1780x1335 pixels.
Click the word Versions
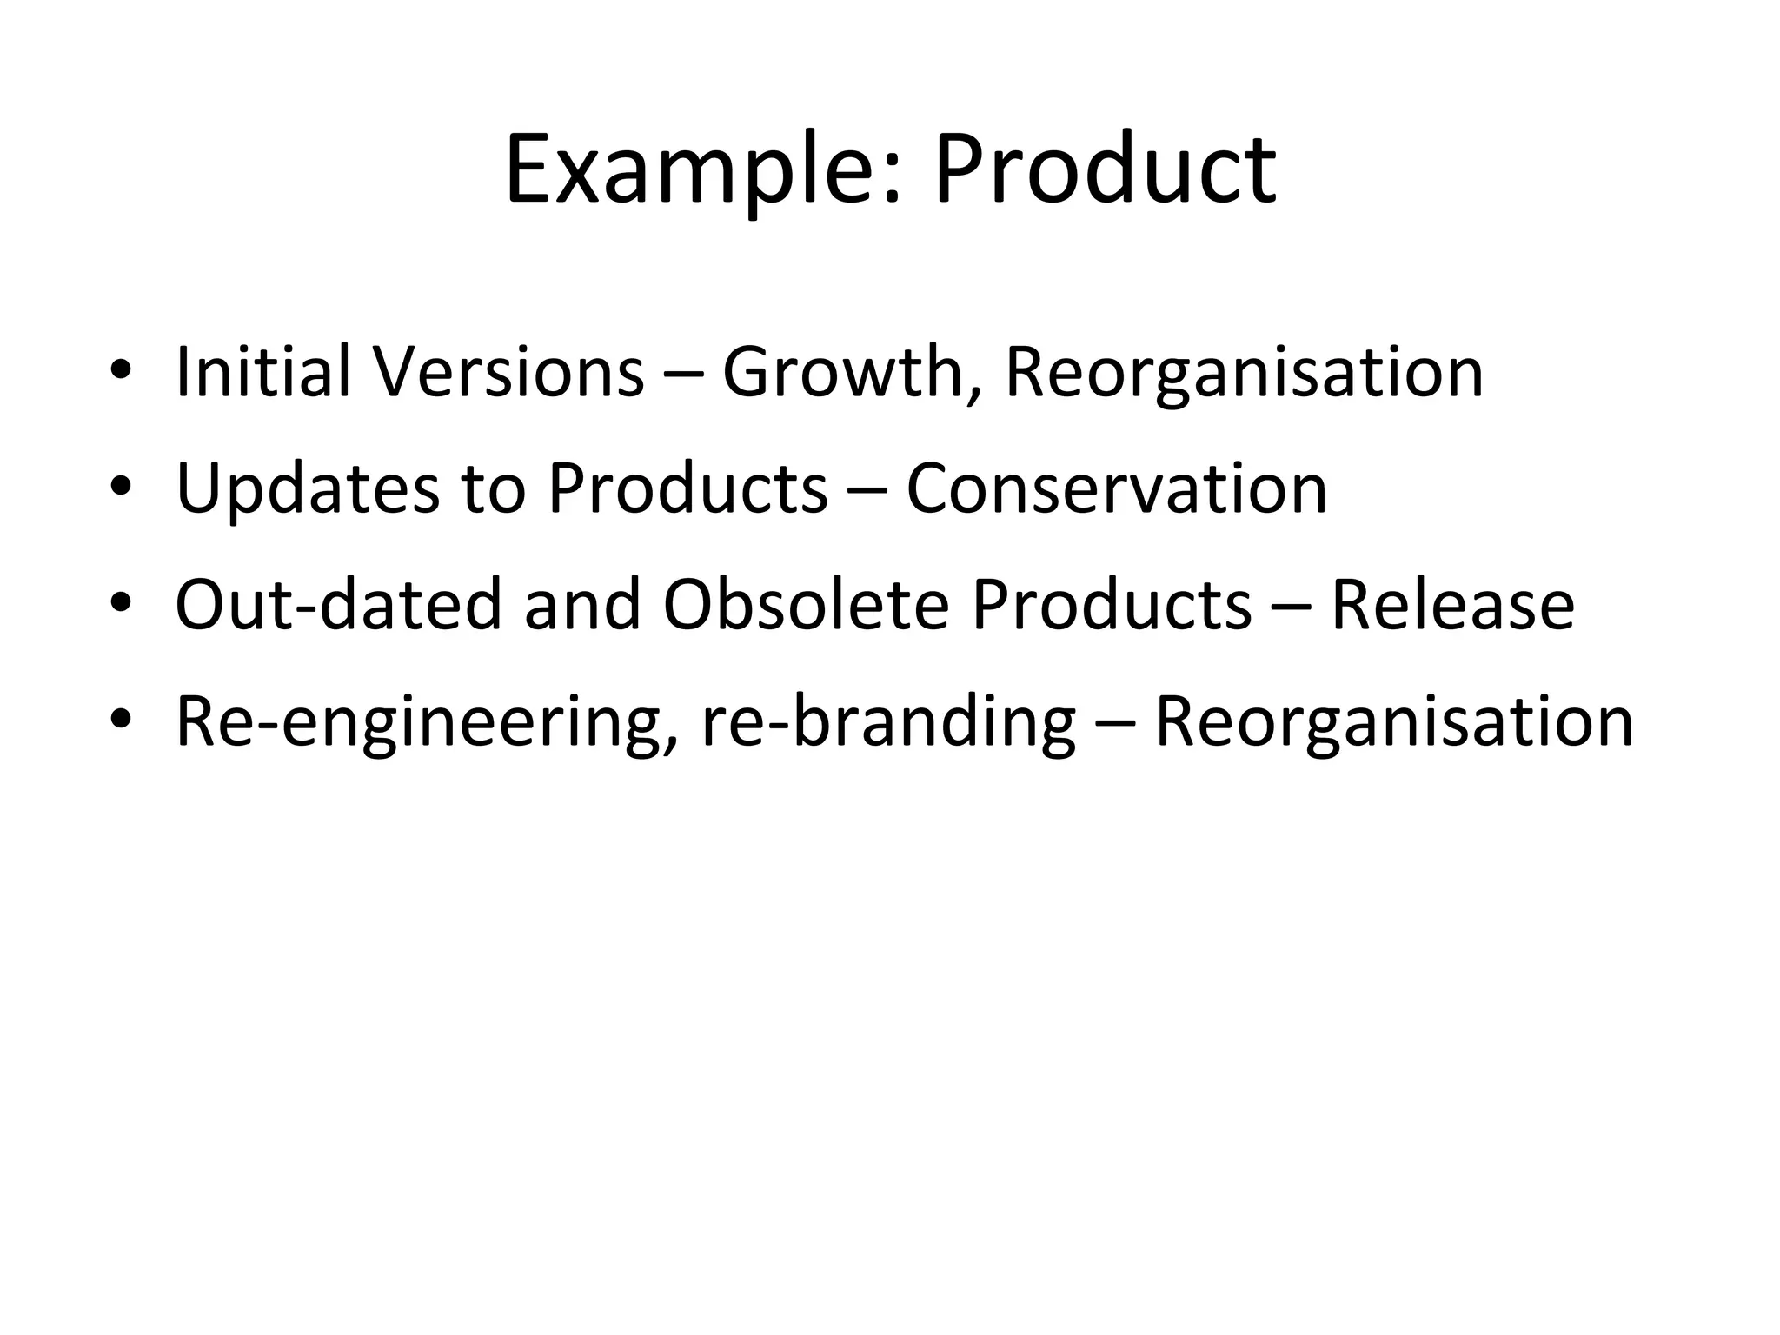508,372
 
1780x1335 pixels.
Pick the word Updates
307,488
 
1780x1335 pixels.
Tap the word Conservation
1116,488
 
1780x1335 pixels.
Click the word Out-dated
338,605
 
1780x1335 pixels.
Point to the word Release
1452,605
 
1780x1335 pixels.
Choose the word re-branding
887,723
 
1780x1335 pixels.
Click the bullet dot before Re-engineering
121,724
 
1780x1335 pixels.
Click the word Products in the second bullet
687,488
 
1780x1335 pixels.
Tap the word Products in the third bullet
1112,605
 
